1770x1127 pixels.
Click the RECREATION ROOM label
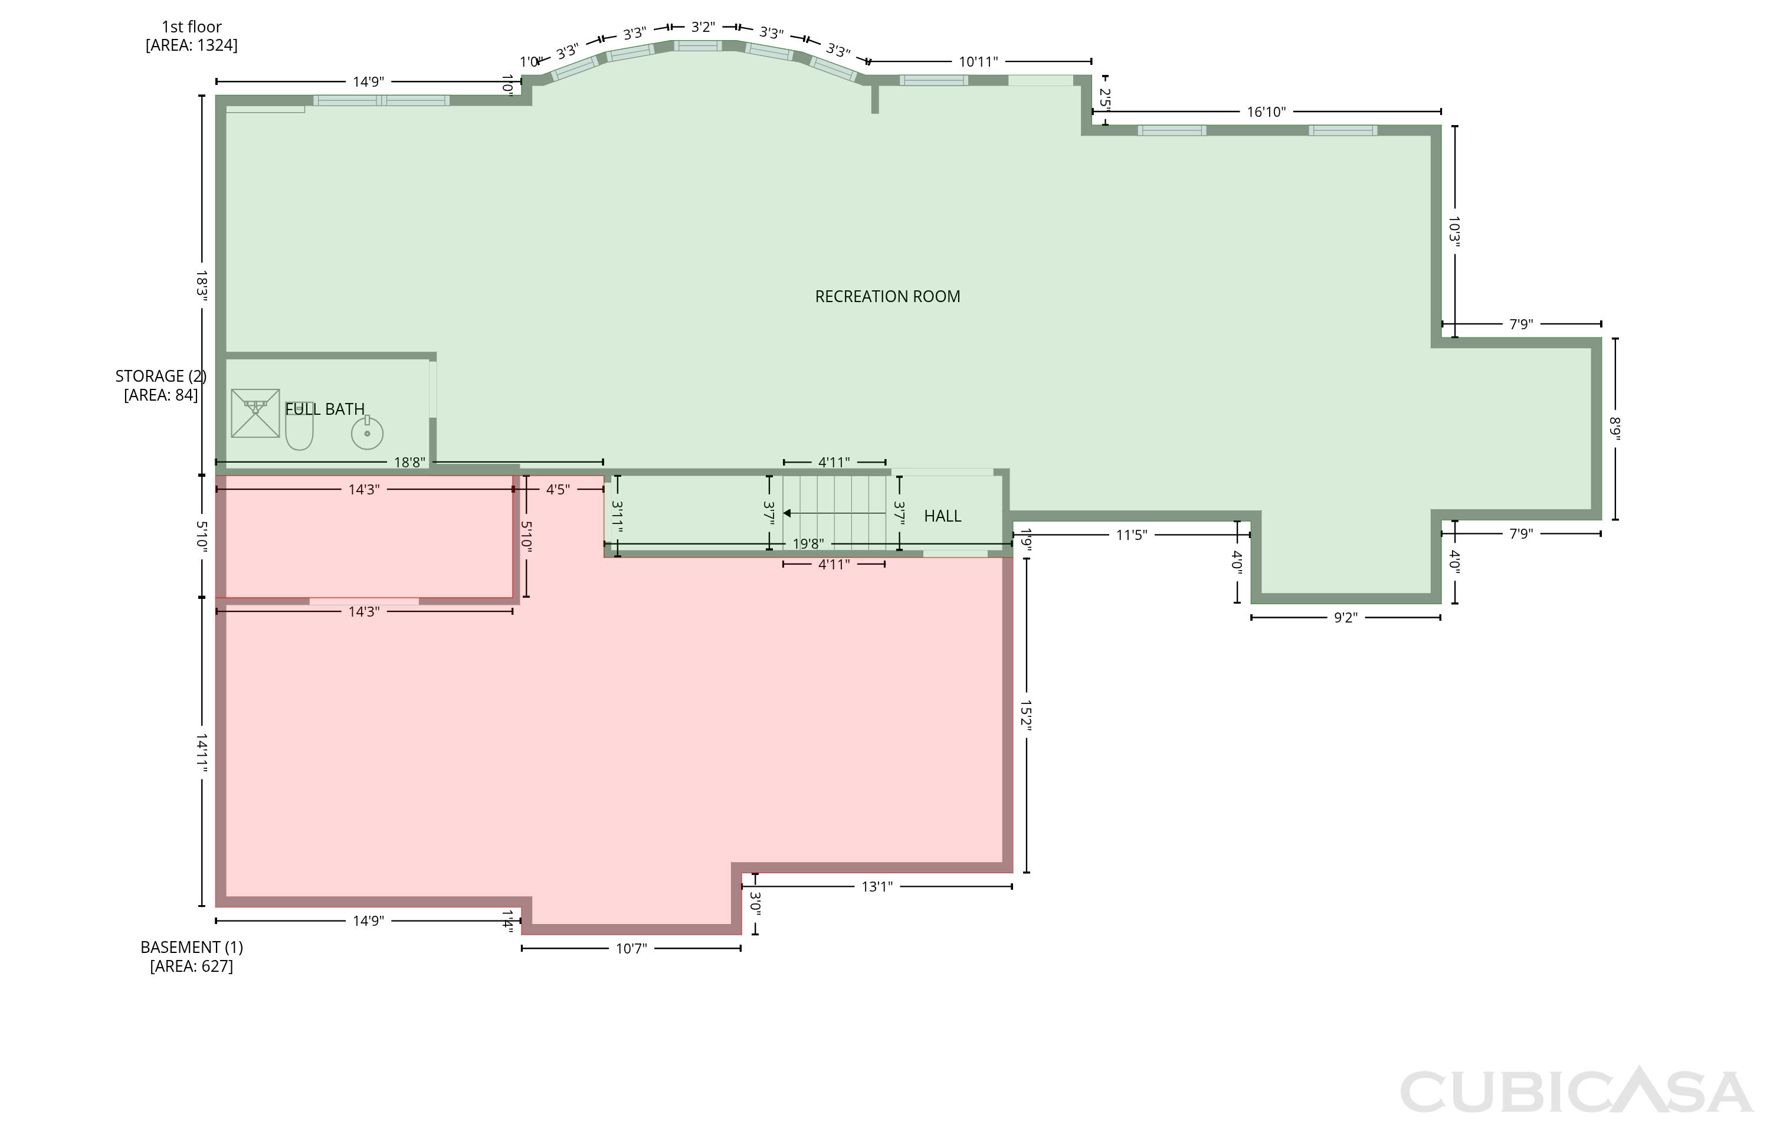pyautogui.click(x=887, y=296)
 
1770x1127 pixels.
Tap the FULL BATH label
pyautogui.click(x=325, y=409)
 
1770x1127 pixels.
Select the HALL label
pyautogui.click(x=942, y=516)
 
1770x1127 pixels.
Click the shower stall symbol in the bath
pyautogui.click(x=255, y=413)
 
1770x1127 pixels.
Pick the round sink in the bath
pyautogui.click(x=367, y=433)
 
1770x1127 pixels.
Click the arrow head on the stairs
pyautogui.click(x=786, y=513)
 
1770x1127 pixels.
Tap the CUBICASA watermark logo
pyautogui.click(x=1576, y=1091)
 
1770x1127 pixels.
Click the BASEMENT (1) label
pyautogui.click(x=191, y=947)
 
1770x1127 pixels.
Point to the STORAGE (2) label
pyautogui.click(x=160, y=376)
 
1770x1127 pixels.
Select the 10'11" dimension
pyautogui.click(x=978, y=62)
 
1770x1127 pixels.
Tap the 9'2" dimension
pyautogui.click(x=1345, y=618)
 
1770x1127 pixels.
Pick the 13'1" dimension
pyautogui.click(x=877, y=887)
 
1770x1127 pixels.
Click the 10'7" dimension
pyautogui.click(x=631, y=948)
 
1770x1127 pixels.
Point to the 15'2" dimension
pyautogui.click(x=1026, y=715)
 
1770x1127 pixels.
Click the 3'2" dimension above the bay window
pyautogui.click(x=703, y=27)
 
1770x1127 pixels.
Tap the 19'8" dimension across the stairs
pyautogui.click(x=808, y=544)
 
